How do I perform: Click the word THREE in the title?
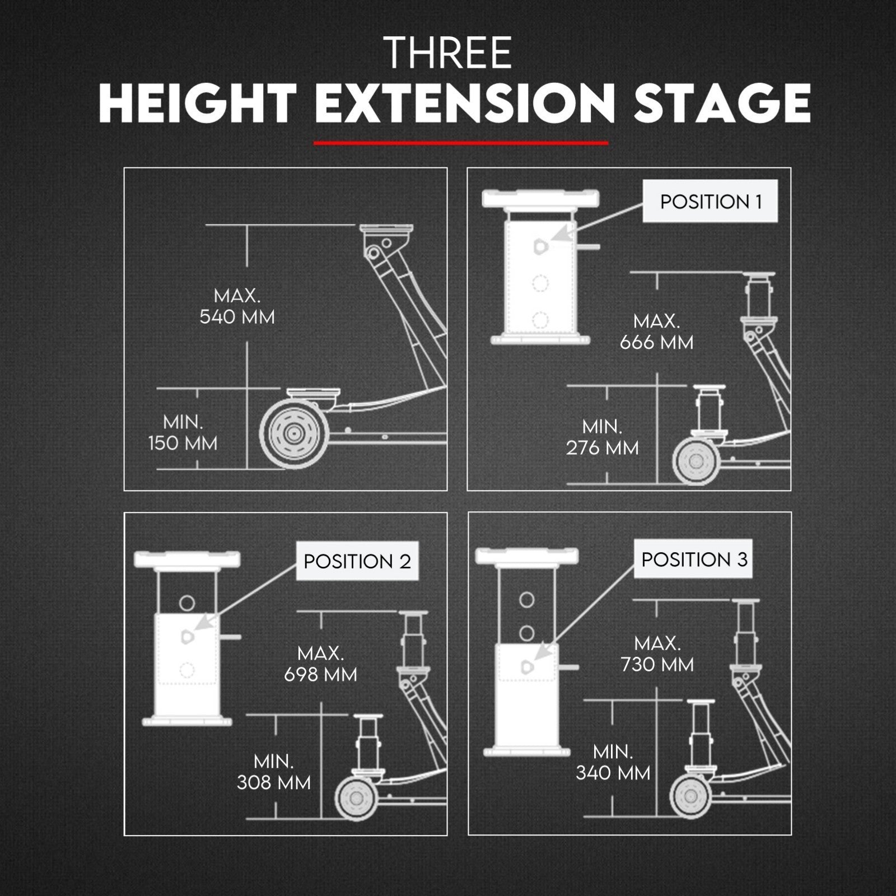(449, 53)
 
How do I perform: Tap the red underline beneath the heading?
(461, 143)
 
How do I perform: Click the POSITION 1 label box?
(710, 201)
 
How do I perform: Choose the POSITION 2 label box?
(357, 561)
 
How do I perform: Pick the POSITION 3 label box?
(694, 559)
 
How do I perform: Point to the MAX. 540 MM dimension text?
(237, 306)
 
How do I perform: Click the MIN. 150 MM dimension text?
(183, 432)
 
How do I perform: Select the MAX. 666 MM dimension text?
(656, 332)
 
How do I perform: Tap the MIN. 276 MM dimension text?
(602, 437)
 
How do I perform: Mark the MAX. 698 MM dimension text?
(320, 664)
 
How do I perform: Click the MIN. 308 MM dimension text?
(273, 772)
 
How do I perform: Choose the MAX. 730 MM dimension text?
(657, 654)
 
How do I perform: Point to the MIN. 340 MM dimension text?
(613, 762)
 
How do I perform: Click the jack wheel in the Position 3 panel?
(693, 797)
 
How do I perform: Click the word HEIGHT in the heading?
(198, 104)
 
